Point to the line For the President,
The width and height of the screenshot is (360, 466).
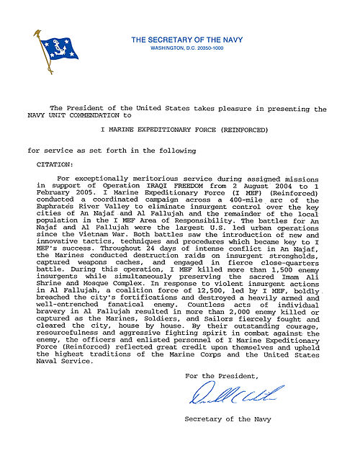click(220, 376)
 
